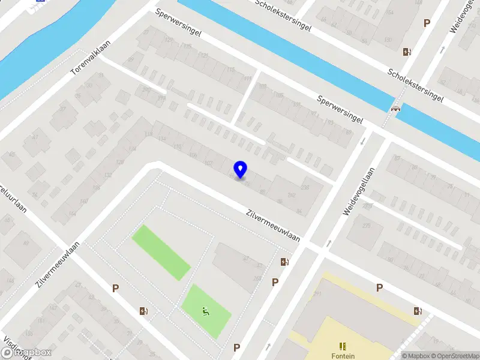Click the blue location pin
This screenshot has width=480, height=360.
pos(241,169)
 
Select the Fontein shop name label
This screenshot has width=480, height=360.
pos(343,355)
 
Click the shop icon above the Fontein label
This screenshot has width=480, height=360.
pos(343,346)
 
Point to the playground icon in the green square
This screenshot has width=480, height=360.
pos(206,311)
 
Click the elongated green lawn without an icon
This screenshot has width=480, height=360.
pos(161,252)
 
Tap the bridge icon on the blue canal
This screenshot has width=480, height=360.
pos(395,109)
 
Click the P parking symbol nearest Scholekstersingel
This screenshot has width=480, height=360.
pos(427,23)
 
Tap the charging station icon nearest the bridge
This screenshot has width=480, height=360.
pos(407,52)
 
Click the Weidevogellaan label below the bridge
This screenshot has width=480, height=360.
pos(358,191)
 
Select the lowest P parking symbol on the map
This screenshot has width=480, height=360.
pos(236,347)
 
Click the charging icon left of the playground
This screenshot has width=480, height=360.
pos(143,311)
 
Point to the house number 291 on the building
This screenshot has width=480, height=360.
pos(317,293)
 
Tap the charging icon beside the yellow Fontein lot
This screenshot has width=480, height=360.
pos(417,311)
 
